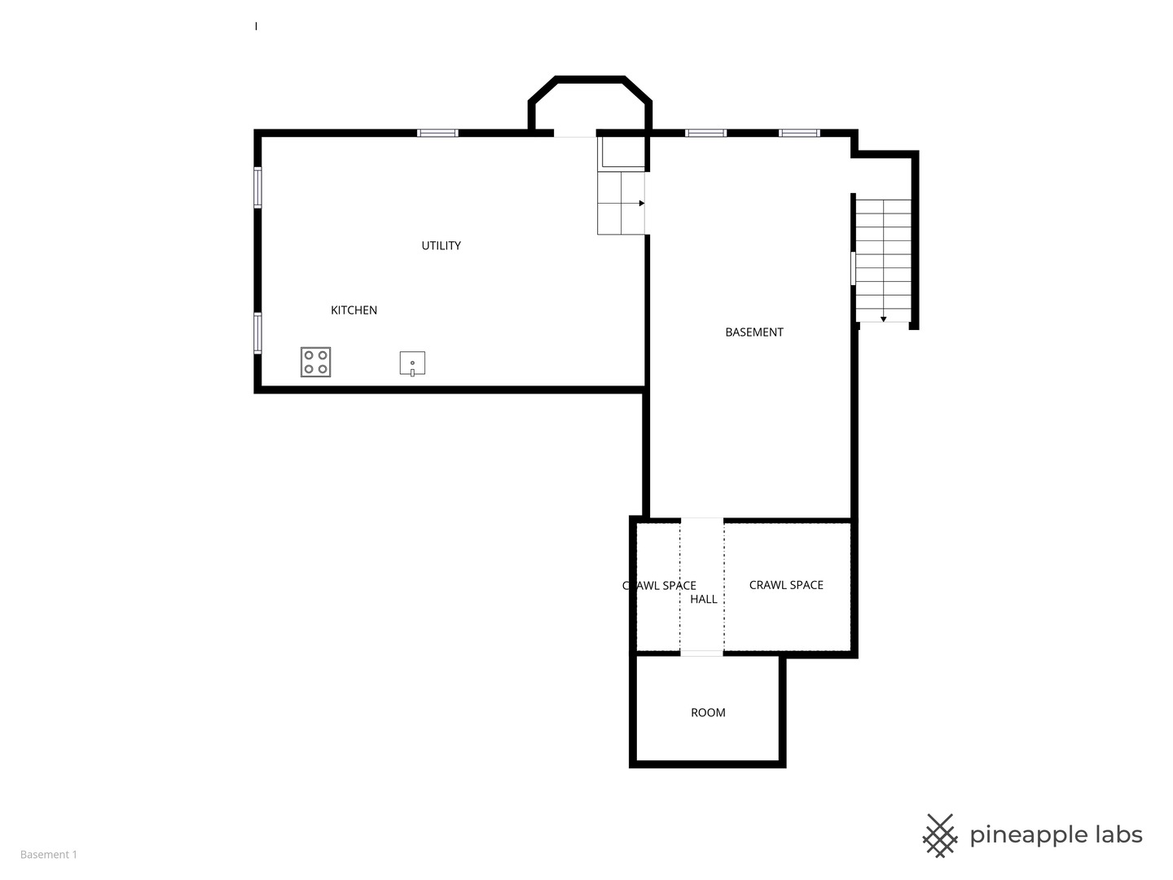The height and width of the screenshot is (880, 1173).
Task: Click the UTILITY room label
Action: click(441, 246)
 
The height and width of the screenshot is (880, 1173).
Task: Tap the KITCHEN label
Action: click(354, 310)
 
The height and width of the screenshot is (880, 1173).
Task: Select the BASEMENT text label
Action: click(754, 332)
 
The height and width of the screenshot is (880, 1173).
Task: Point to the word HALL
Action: click(703, 600)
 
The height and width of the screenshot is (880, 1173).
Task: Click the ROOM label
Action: click(708, 713)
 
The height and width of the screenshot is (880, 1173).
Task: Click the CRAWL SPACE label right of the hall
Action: click(786, 585)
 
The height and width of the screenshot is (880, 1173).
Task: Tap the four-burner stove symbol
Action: click(316, 363)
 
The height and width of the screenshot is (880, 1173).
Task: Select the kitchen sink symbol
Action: click(412, 363)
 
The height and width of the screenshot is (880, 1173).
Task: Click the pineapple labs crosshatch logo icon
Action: click(940, 836)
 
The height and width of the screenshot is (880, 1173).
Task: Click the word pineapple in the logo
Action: click(1028, 836)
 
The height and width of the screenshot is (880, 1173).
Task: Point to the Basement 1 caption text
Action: click(49, 855)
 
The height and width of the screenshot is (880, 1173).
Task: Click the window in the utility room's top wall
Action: click(437, 133)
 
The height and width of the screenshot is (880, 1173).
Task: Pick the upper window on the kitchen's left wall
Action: click(257, 187)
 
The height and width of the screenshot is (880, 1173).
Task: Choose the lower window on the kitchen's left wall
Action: click(257, 333)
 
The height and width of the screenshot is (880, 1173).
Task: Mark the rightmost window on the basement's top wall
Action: click(799, 133)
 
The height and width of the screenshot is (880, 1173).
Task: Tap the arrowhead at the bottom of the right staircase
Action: click(883, 319)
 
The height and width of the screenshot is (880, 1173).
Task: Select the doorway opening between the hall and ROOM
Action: click(701, 653)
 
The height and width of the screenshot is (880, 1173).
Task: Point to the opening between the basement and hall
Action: click(702, 521)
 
